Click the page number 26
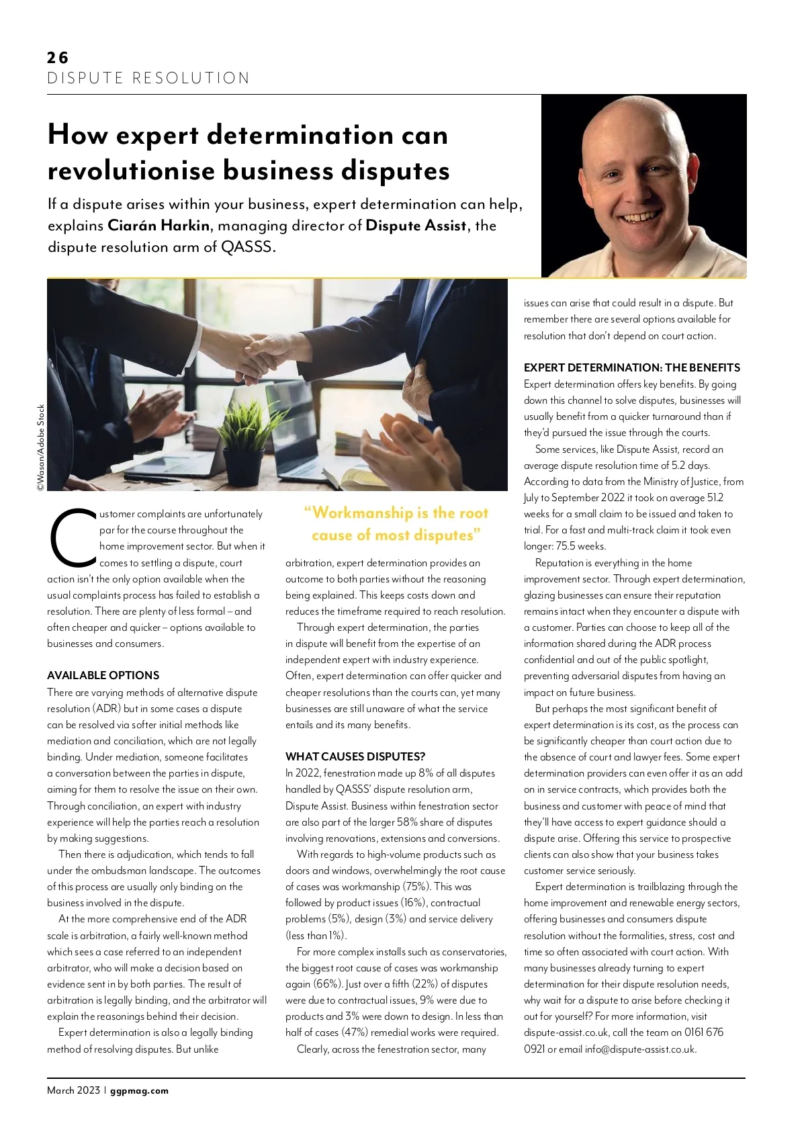pyautogui.click(x=58, y=58)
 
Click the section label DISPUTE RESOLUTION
pyautogui.click(x=148, y=78)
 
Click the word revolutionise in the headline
pyautogui.click(x=130, y=171)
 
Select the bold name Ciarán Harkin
pyautogui.click(x=159, y=226)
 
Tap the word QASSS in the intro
pyautogui.click(x=247, y=247)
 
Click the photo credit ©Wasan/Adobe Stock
pyautogui.click(x=41, y=447)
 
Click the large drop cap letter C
pyautogui.click(x=72, y=537)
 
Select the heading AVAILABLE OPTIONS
pyautogui.click(x=103, y=675)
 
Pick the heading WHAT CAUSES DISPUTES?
pyautogui.click(x=355, y=756)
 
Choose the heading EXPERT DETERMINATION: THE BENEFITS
pyautogui.click(x=631, y=367)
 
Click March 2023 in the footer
pyautogui.click(x=73, y=1090)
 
